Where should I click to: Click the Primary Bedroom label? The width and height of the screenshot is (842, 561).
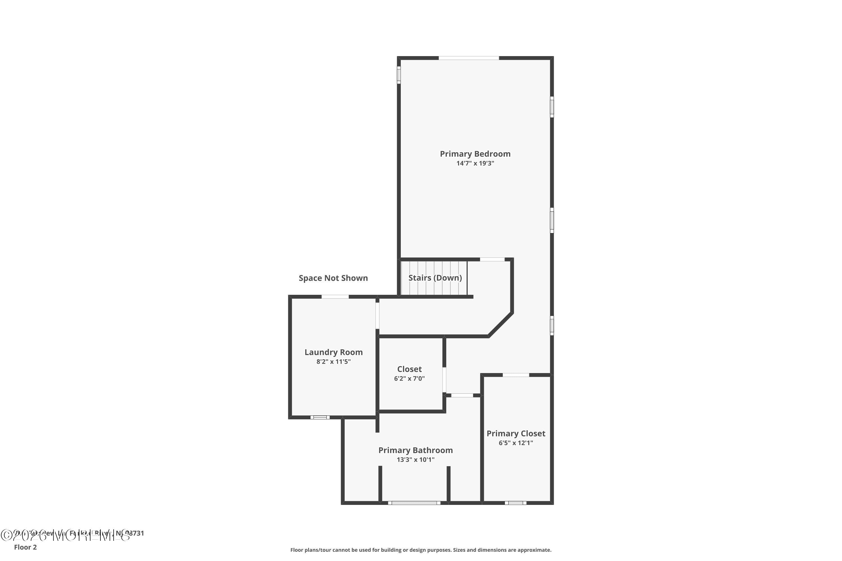475,154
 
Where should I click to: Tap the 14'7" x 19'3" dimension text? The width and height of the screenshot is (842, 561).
475,164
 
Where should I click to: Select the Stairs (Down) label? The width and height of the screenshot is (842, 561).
435,278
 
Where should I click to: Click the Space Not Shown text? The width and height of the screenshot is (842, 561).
333,278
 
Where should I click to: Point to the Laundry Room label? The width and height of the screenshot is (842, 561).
333,352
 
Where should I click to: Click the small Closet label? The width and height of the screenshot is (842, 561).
409,369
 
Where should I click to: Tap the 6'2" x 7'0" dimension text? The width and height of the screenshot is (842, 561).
409,378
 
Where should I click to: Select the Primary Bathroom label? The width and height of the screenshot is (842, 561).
415,450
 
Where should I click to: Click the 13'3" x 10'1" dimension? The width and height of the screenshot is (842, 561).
415,460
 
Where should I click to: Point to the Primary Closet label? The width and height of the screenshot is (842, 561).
516,433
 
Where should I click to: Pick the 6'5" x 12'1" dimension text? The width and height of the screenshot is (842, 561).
516,443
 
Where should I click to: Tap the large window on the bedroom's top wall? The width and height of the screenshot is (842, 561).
469,58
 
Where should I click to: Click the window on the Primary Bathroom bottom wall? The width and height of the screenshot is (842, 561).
414,503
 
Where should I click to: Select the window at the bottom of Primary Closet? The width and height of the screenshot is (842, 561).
516,503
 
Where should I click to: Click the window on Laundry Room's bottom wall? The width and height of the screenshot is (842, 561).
320,417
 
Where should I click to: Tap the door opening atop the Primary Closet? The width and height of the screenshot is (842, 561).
516,375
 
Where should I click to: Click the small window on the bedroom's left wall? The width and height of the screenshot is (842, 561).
399,75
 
